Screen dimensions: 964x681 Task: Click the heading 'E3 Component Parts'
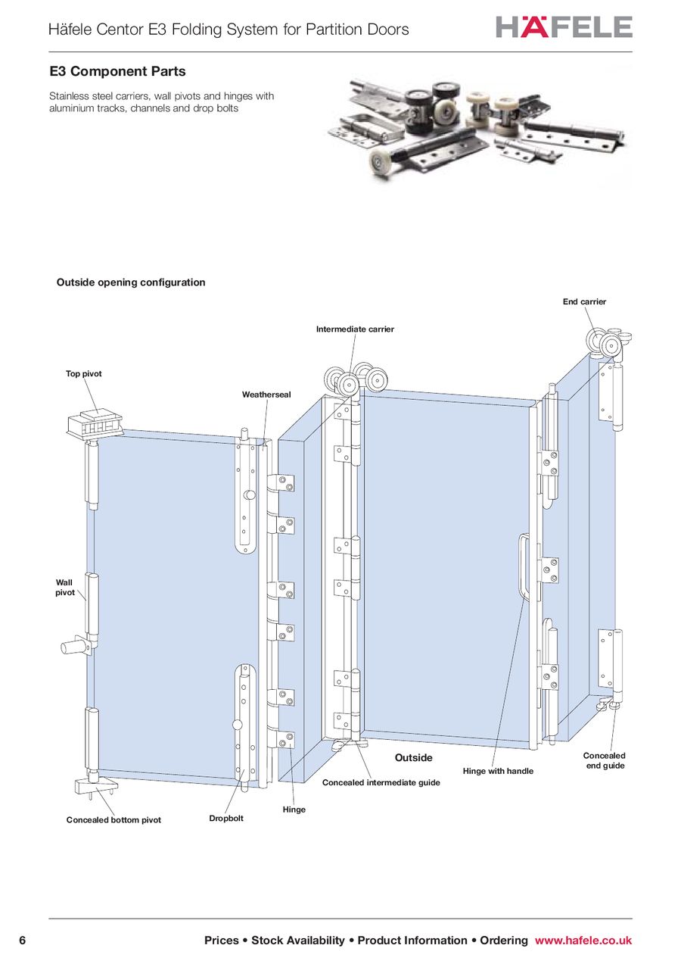coord(117,72)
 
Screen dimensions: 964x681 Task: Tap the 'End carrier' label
coord(584,301)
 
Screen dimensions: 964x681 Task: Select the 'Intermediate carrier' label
coord(355,329)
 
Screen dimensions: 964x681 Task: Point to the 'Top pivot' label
coord(83,374)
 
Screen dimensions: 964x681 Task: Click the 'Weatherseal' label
coord(266,395)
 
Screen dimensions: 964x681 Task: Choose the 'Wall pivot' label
coord(65,588)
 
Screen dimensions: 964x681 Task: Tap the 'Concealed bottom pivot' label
coord(113,820)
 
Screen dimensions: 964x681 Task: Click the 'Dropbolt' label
coord(226,819)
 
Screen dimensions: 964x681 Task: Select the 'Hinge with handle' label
coord(498,771)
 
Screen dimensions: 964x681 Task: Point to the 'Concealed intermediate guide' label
coord(381,782)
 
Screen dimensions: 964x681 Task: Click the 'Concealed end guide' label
coord(604,761)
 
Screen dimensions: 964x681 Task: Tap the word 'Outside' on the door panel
coord(414,758)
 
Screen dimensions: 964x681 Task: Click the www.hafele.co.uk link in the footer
coord(583,941)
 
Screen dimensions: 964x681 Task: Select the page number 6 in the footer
coord(22,941)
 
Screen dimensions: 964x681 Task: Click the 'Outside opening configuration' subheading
coord(131,282)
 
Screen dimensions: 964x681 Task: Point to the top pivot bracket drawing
coord(95,426)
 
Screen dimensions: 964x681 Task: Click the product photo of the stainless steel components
coord(480,129)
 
